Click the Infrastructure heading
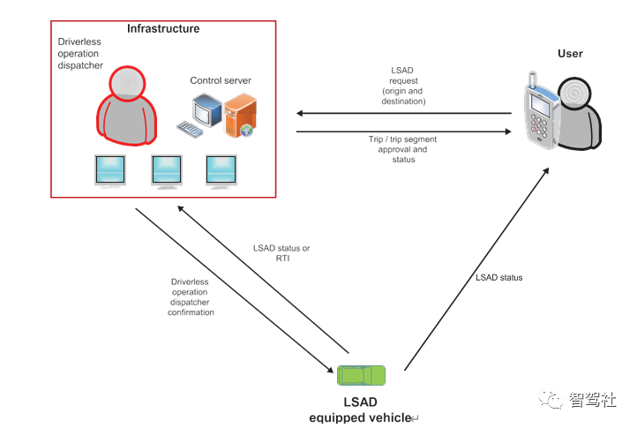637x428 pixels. click(163, 29)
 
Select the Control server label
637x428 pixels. click(221, 81)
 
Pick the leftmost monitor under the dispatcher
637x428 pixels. click(111, 171)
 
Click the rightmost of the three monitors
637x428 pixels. click(221, 171)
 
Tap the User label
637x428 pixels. click(570, 54)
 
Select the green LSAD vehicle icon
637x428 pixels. click(362, 375)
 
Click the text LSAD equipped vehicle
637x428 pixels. click(361, 410)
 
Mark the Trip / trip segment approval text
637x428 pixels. click(402, 149)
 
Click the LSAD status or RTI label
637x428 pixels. click(281, 253)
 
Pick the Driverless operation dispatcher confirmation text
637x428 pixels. click(191, 297)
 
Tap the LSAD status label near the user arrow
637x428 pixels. click(498, 278)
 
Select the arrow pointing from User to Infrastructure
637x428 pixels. click(403, 113)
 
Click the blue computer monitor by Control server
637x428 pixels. click(208, 112)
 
